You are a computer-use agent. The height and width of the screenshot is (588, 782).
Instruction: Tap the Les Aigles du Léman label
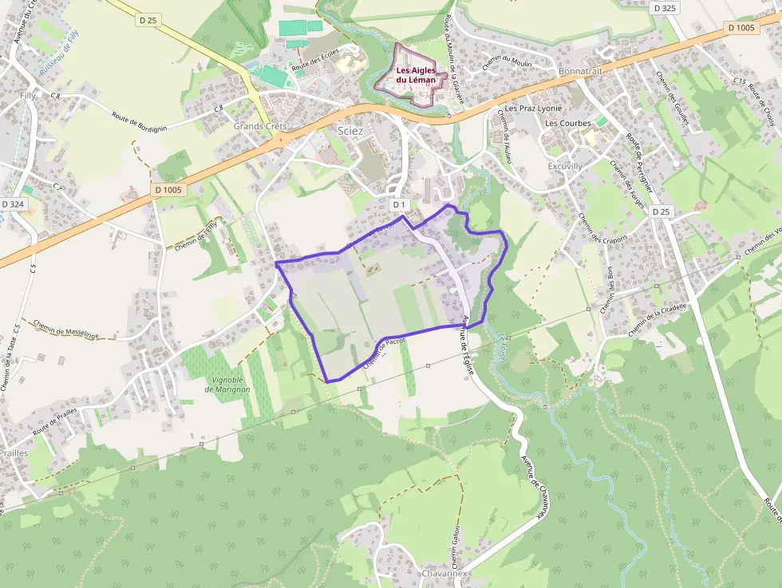click(415, 75)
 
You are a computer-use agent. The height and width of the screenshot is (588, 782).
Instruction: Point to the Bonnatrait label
click(581, 71)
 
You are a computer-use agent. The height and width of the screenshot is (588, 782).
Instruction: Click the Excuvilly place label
click(565, 166)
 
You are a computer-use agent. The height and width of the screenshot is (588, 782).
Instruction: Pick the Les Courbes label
click(568, 124)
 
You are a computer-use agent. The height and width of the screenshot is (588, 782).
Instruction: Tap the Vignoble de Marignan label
click(227, 385)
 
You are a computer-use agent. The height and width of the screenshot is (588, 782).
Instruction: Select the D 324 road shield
click(13, 204)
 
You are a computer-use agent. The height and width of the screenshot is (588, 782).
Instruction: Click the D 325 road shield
click(664, 8)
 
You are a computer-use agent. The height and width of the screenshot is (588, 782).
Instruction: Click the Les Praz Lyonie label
click(534, 108)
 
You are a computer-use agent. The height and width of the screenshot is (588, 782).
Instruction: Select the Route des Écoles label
click(315, 61)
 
